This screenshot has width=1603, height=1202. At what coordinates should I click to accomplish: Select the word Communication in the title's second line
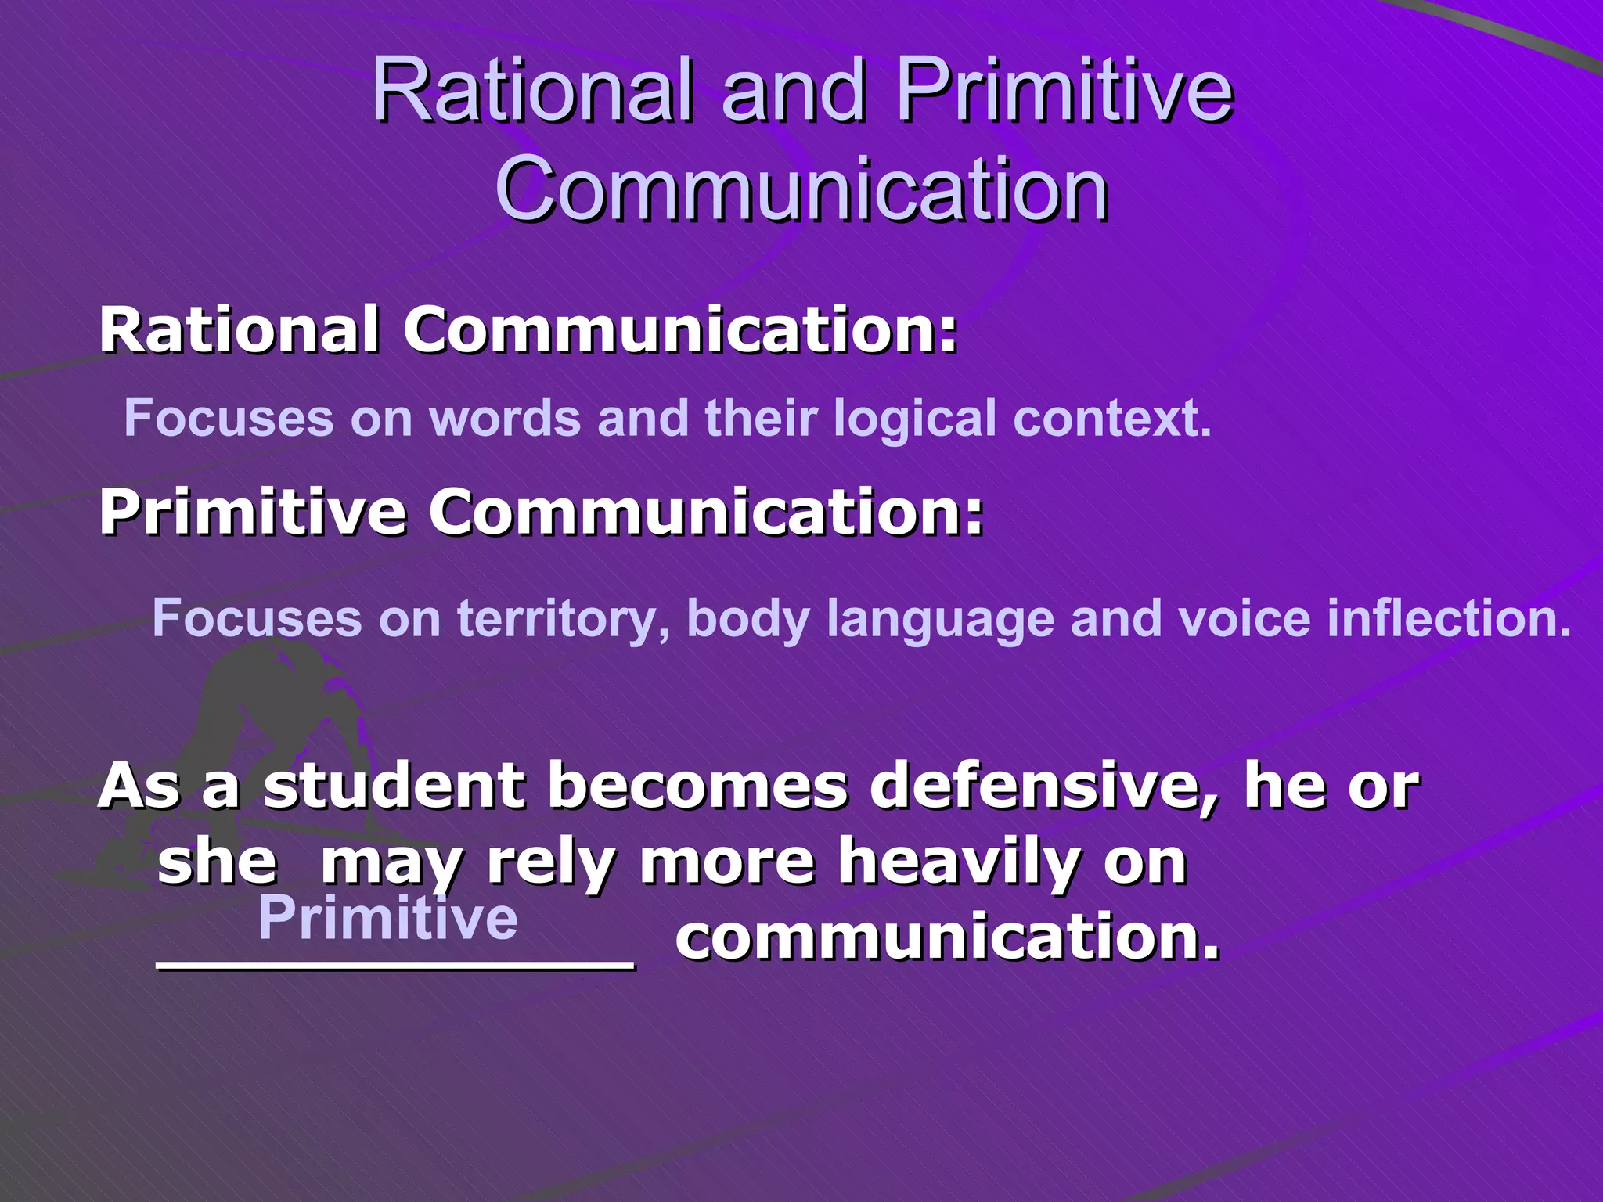click(x=801, y=190)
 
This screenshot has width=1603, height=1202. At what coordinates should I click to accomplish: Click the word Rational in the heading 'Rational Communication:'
click(x=240, y=329)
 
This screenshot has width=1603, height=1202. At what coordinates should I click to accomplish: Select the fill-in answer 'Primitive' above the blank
click(x=387, y=917)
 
